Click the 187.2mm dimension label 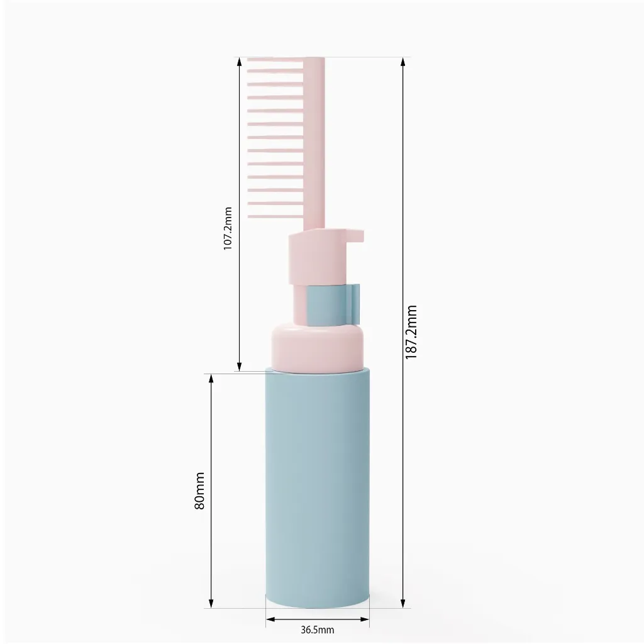(411, 332)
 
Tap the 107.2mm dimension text (228, 228)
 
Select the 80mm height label (199, 491)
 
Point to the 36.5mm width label (318, 630)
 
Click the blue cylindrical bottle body (318, 489)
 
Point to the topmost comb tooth (275, 60)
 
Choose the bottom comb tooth (275, 216)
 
